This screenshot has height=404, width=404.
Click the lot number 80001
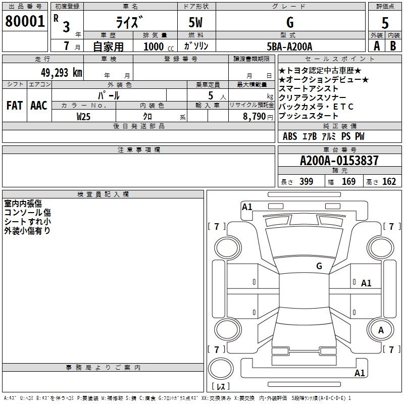(25, 21)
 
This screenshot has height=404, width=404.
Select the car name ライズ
(129, 22)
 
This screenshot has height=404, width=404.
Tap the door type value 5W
(195, 22)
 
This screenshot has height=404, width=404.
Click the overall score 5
(385, 23)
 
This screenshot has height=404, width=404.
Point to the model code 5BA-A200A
(289, 46)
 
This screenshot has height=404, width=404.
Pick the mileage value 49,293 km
(61, 73)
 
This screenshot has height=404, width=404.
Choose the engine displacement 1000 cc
(159, 46)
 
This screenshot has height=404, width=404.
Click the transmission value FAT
(15, 106)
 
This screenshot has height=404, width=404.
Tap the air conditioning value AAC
(39, 106)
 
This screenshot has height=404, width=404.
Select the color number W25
(83, 117)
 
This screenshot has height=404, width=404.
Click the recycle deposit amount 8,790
(255, 117)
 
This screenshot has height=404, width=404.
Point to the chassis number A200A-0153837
(339, 161)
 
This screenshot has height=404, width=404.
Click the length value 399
(307, 182)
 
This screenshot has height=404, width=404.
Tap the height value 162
(389, 182)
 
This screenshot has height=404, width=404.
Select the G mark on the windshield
(319, 266)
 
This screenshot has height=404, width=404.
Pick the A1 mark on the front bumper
(247, 207)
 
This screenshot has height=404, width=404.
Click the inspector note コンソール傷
(28, 213)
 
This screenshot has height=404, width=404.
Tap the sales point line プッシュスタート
(308, 116)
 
